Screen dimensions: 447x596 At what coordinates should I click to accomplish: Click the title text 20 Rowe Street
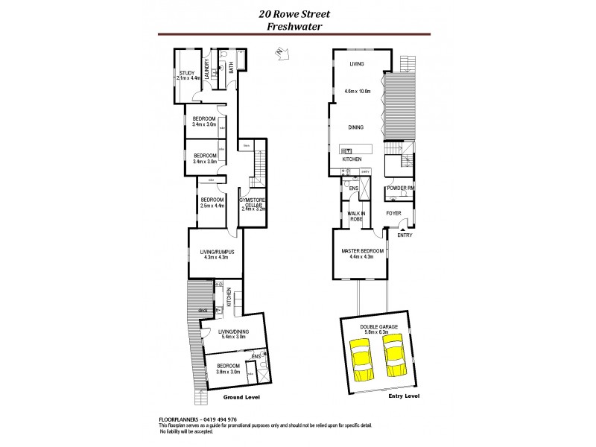coord(297,13)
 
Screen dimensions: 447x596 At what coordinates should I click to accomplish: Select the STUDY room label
coord(186,72)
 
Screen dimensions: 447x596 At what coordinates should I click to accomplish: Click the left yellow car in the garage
coord(361,359)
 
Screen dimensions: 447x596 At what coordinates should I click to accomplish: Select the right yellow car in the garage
coord(393,356)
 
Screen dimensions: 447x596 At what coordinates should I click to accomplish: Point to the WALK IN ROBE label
coord(355,216)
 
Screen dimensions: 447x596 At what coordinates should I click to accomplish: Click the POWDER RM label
coord(401,188)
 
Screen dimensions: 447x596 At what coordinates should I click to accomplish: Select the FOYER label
coord(393,213)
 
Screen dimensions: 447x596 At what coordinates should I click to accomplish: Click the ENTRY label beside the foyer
coord(405,235)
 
